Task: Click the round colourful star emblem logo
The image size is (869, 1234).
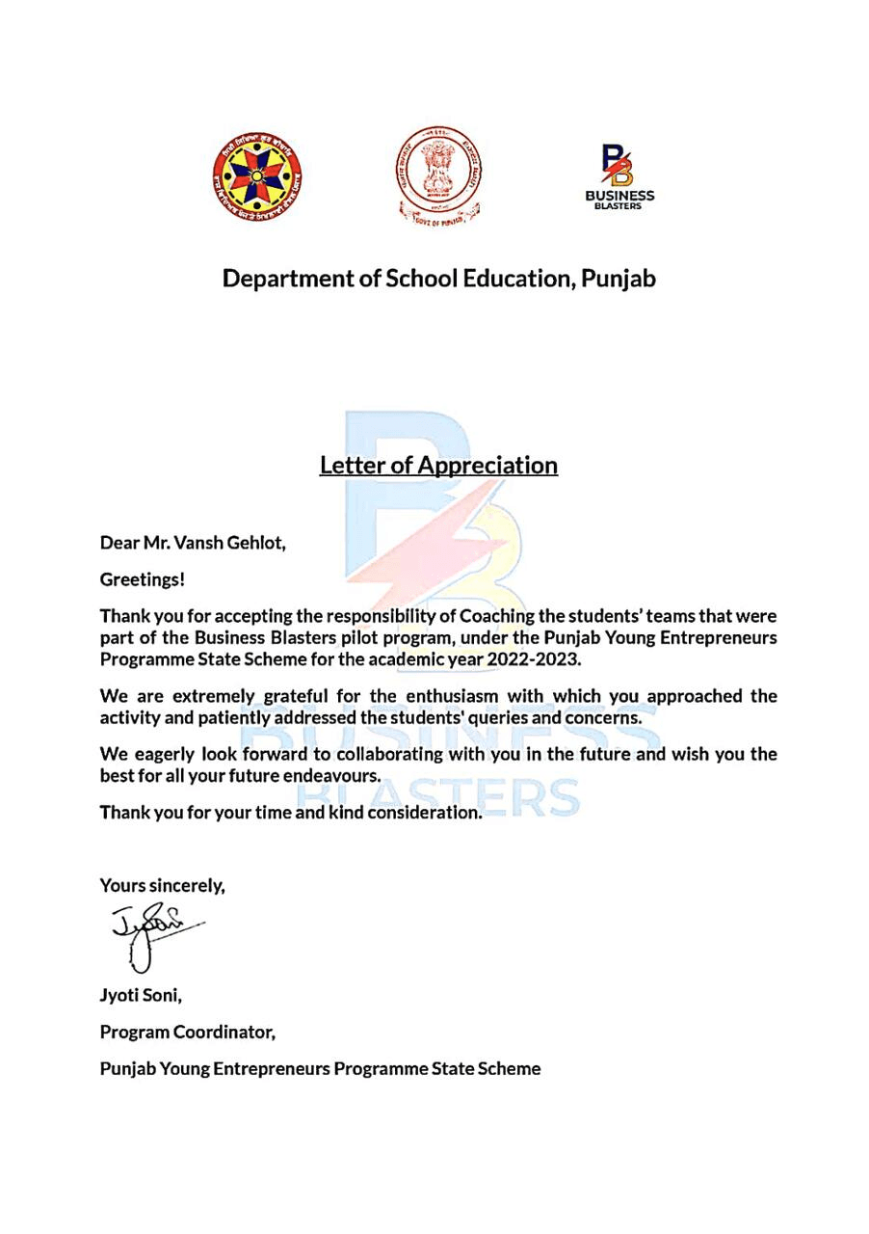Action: pos(256,175)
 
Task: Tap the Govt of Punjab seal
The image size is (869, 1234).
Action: pos(438,176)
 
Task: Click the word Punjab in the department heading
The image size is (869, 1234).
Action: pos(619,279)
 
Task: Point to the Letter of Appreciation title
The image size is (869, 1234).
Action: pos(438,465)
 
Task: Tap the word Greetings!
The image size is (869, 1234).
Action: pos(143,579)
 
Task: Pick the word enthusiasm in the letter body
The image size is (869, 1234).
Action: pos(467,696)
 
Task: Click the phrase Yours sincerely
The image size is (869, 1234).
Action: pos(162,885)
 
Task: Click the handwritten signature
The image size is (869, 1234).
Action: pos(154,930)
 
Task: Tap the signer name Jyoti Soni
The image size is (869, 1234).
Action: pos(137,996)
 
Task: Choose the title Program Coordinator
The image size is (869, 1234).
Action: pos(188,1033)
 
